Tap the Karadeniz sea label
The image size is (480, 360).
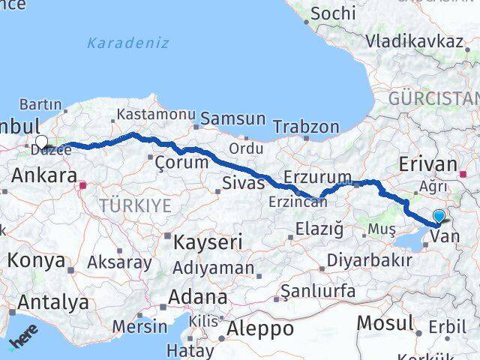click(x=127, y=43)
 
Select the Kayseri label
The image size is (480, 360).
click(x=198, y=242)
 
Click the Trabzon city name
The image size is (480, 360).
click(x=304, y=127)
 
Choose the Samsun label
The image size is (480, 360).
click(x=232, y=118)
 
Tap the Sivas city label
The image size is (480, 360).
click(x=244, y=181)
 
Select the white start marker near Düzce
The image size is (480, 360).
click(x=41, y=141)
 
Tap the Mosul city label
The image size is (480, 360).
click(x=385, y=323)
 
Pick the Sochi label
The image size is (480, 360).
click(x=333, y=13)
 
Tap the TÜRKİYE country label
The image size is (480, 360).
click(x=136, y=205)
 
